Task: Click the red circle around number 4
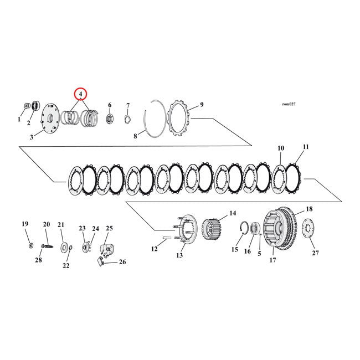tap(81, 94)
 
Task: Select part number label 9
tap(202, 105)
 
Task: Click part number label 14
tap(233, 213)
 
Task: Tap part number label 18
tap(309, 209)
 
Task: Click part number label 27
tap(315, 253)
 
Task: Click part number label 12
tap(155, 249)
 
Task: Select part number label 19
tap(25, 224)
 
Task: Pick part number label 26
tap(122, 262)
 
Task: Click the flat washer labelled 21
tap(65, 245)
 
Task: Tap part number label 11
tap(305, 147)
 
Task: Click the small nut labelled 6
tap(110, 118)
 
